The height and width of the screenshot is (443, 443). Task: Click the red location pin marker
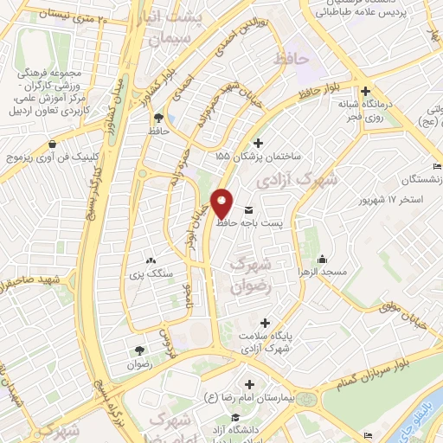pyautogui.click(x=222, y=204)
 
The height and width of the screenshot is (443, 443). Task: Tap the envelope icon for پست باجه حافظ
pyautogui.click(x=250, y=210)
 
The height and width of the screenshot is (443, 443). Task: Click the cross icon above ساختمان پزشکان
pyautogui.click(x=257, y=144)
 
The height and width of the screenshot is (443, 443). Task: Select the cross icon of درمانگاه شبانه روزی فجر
pyautogui.click(x=365, y=91)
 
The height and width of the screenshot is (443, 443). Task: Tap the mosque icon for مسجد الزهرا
pyautogui.click(x=323, y=258)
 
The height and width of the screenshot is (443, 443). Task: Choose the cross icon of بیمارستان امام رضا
pyautogui.click(x=250, y=384)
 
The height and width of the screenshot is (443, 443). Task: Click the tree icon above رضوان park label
pyautogui.click(x=138, y=350)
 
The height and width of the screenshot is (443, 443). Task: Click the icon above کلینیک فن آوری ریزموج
pyautogui.click(x=55, y=144)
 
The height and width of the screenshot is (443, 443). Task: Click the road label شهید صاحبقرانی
pyautogui.click(x=34, y=283)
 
